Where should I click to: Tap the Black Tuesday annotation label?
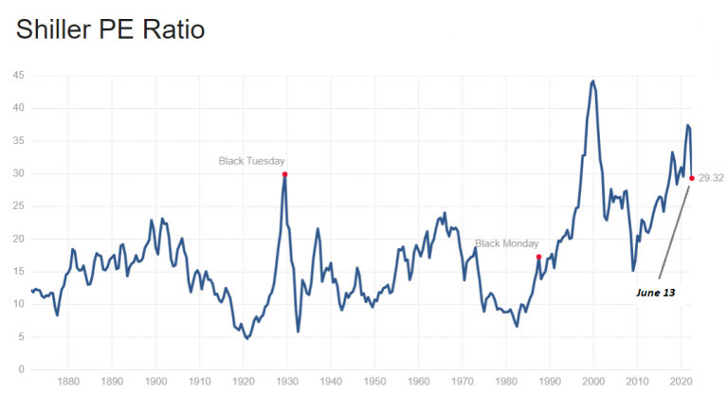[251, 161]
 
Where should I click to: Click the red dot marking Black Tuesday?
[284, 174]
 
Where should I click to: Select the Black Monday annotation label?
[506, 243]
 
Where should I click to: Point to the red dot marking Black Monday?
[538, 257]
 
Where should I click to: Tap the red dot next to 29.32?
[692, 178]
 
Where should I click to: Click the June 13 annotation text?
[655, 294]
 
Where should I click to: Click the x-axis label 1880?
[67, 384]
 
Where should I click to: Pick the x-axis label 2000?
[593, 384]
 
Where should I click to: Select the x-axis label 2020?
[681, 384]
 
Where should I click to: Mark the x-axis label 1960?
[418, 384]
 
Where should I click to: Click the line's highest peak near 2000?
[593, 80]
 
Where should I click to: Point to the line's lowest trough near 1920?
[246, 338]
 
